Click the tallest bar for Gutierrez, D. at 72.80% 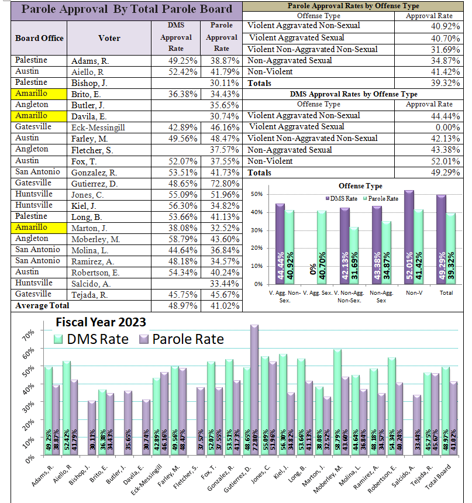tap(254, 390)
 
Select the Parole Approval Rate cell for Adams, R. tap(222, 61)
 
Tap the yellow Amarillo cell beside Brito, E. tap(39, 94)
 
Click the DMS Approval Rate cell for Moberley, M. tap(176, 239)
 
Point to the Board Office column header tap(39, 38)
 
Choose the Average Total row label tap(42, 305)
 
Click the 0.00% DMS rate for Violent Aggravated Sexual tap(447, 128)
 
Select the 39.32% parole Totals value tap(445, 83)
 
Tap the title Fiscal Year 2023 tap(101, 322)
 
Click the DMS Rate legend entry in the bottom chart tap(91, 339)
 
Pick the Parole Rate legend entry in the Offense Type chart tap(381, 199)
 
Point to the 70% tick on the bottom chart tap(29, 335)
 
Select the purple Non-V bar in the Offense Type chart tap(409, 237)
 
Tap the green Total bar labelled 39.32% tap(450, 249)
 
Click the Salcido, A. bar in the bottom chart tap(417, 425)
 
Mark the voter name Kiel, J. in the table tap(84, 206)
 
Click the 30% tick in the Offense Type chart tap(257, 230)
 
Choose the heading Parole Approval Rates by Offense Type tap(353, 6)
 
